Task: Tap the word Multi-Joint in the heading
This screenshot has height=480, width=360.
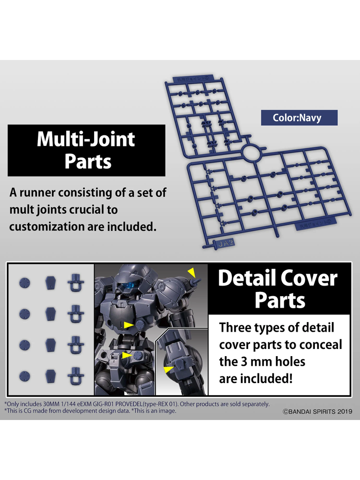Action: [x=86, y=139]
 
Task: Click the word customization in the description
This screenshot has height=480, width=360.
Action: [x=48, y=226]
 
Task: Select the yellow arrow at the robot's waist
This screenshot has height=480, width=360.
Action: [x=126, y=356]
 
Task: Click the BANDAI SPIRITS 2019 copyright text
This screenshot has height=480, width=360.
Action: [x=317, y=411]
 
